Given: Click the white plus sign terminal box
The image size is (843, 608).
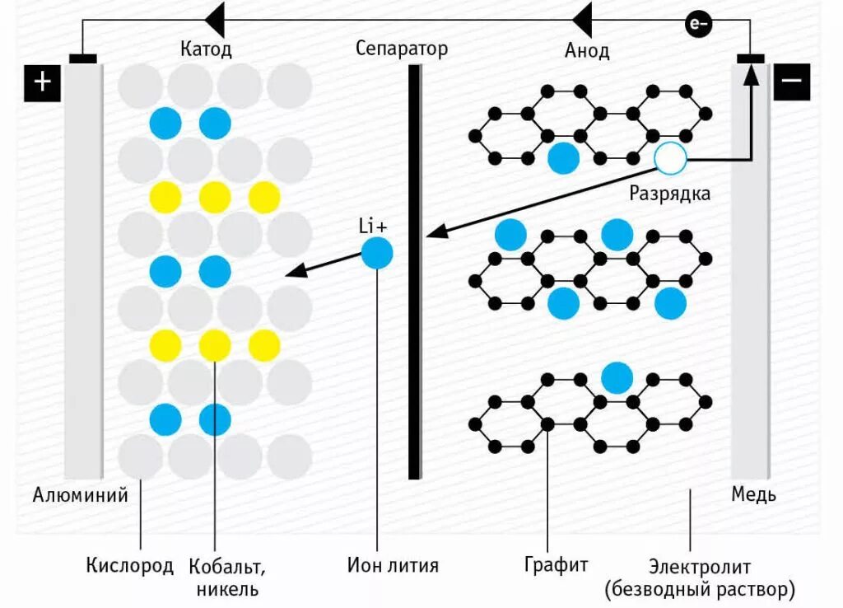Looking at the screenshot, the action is click(x=43, y=83).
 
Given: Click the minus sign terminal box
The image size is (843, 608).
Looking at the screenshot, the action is click(x=791, y=82).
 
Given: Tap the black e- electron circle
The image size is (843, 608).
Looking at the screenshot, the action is click(x=698, y=25).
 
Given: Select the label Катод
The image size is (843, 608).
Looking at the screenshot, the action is click(x=206, y=49).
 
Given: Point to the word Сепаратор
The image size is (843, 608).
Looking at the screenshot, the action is click(x=402, y=48).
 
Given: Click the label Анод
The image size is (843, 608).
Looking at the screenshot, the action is click(x=587, y=50).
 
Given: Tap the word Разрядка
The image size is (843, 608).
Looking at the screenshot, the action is click(x=669, y=194).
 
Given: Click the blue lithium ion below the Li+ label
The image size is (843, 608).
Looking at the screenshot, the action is click(x=377, y=252).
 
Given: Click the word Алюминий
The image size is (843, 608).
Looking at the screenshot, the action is click(x=80, y=495).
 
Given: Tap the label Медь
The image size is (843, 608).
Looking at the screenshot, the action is click(x=753, y=495).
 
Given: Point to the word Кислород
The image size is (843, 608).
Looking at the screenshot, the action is click(x=130, y=565).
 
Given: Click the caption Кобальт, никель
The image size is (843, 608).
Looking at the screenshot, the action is click(x=226, y=578).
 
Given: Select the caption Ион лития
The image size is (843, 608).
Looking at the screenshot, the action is click(x=393, y=565).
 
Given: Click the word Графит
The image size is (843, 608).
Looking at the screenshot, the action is click(x=556, y=564).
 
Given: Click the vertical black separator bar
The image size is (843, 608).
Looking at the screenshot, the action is click(x=415, y=272).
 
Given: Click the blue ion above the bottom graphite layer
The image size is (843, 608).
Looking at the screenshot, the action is click(x=616, y=377).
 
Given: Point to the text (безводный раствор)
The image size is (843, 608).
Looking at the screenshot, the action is click(x=699, y=590).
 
